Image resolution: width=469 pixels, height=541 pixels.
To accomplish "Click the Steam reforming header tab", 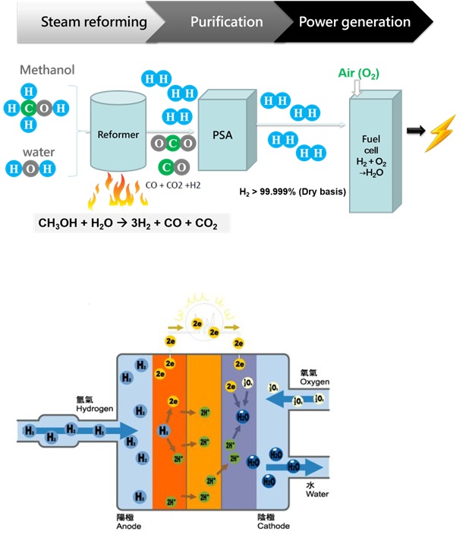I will (x=83, y=21).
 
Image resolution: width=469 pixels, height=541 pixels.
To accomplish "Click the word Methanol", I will (x=47, y=71).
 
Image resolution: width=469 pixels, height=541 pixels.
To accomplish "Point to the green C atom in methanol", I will (x=28, y=108).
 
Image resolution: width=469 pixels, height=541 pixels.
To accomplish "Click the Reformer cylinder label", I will (x=118, y=134).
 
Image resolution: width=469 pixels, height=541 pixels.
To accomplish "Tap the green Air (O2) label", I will (x=358, y=74).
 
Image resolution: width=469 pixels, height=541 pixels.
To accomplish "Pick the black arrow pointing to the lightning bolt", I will (x=415, y=131).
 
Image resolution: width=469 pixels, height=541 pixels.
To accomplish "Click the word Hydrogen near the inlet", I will (x=93, y=408).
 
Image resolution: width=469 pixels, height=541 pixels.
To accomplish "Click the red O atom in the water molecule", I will (x=28, y=169).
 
